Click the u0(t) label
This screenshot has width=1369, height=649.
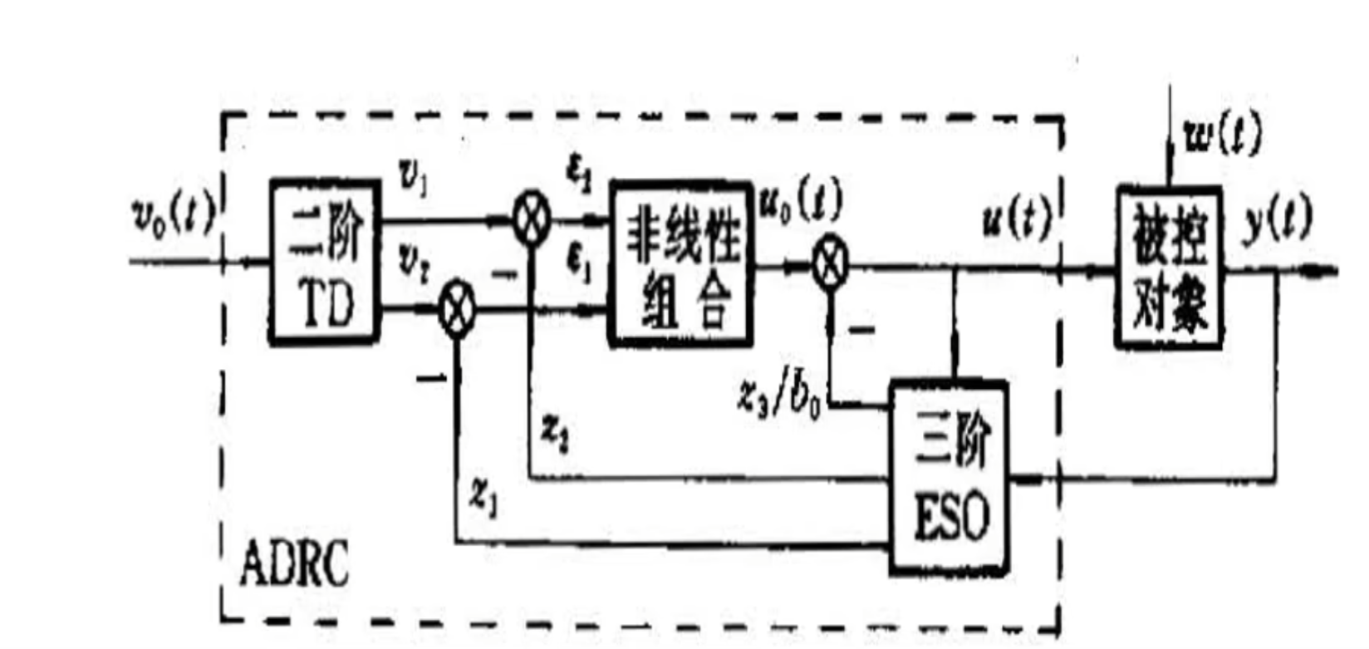click(799, 204)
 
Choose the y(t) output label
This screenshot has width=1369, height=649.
click(1277, 222)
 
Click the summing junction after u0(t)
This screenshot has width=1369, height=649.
click(829, 266)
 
